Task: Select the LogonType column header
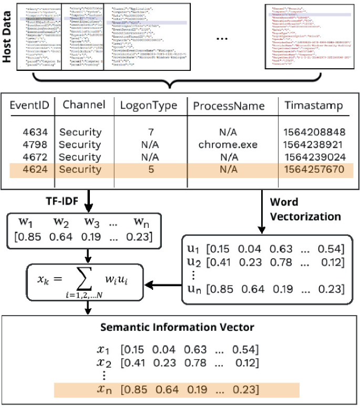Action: pyautogui.click(x=148, y=105)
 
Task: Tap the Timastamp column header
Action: pyautogui.click(x=313, y=105)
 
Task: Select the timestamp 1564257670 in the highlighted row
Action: pyautogui.click(x=314, y=170)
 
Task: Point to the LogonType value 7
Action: pyautogui.click(x=151, y=132)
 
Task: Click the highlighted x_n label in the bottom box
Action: pyautogui.click(x=105, y=389)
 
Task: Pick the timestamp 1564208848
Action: pyautogui.click(x=314, y=132)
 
